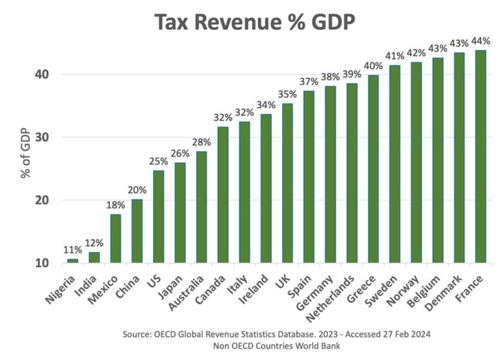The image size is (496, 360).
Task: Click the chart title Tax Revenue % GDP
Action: pyautogui.click(x=249, y=23)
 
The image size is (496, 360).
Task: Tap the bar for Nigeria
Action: pyautogui.click(x=73, y=261)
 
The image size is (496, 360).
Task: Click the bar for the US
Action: pyautogui.click(x=158, y=216)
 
